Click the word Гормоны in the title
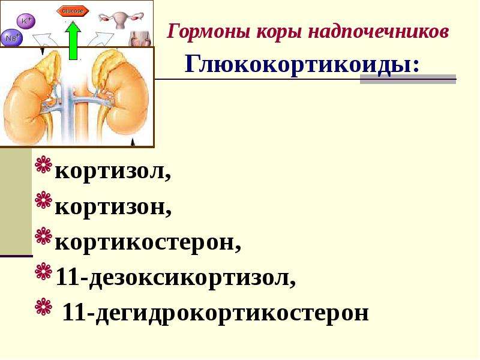[x=209, y=32]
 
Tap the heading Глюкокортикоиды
[x=302, y=65]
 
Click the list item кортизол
[x=113, y=172]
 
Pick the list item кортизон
[x=113, y=206]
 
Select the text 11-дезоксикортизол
[x=176, y=277]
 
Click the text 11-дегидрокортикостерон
[x=215, y=313]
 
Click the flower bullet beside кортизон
[x=43, y=200]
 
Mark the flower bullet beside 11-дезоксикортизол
[x=43, y=271]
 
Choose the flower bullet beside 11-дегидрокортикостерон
[x=43, y=306]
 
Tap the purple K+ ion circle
[x=26, y=22]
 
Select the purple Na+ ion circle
[x=11, y=38]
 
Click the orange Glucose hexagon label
[x=73, y=11]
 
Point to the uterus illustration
[x=121, y=20]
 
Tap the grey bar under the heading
[x=408, y=79]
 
